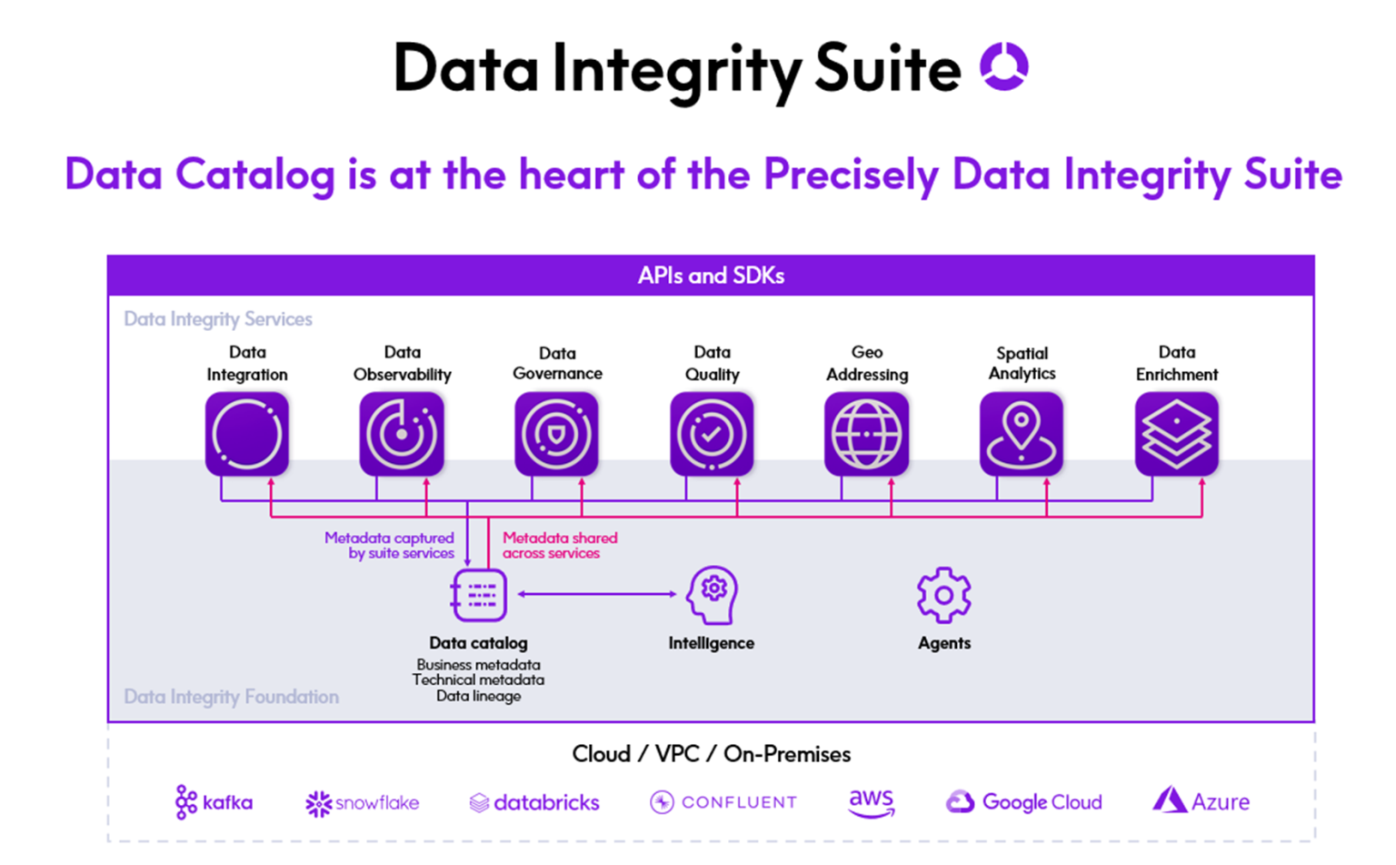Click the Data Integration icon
(x=247, y=434)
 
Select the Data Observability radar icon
(x=402, y=434)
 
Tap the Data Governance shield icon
(x=556, y=434)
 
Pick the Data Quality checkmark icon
(x=712, y=434)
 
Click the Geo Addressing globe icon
(x=866, y=434)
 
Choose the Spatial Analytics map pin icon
(x=1022, y=434)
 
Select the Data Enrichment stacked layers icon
(x=1176, y=434)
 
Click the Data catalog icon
(x=479, y=595)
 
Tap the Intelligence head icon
(x=713, y=595)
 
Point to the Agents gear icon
(x=944, y=595)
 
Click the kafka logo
(x=214, y=802)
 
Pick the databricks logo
(x=534, y=802)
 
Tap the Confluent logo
(x=723, y=802)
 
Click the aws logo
(x=871, y=802)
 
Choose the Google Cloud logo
(x=1024, y=802)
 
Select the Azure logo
(x=1201, y=801)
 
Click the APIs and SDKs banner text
(x=711, y=276)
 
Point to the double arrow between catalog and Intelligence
(x=597, y=594)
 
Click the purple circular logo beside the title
(x=1003, y=66)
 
